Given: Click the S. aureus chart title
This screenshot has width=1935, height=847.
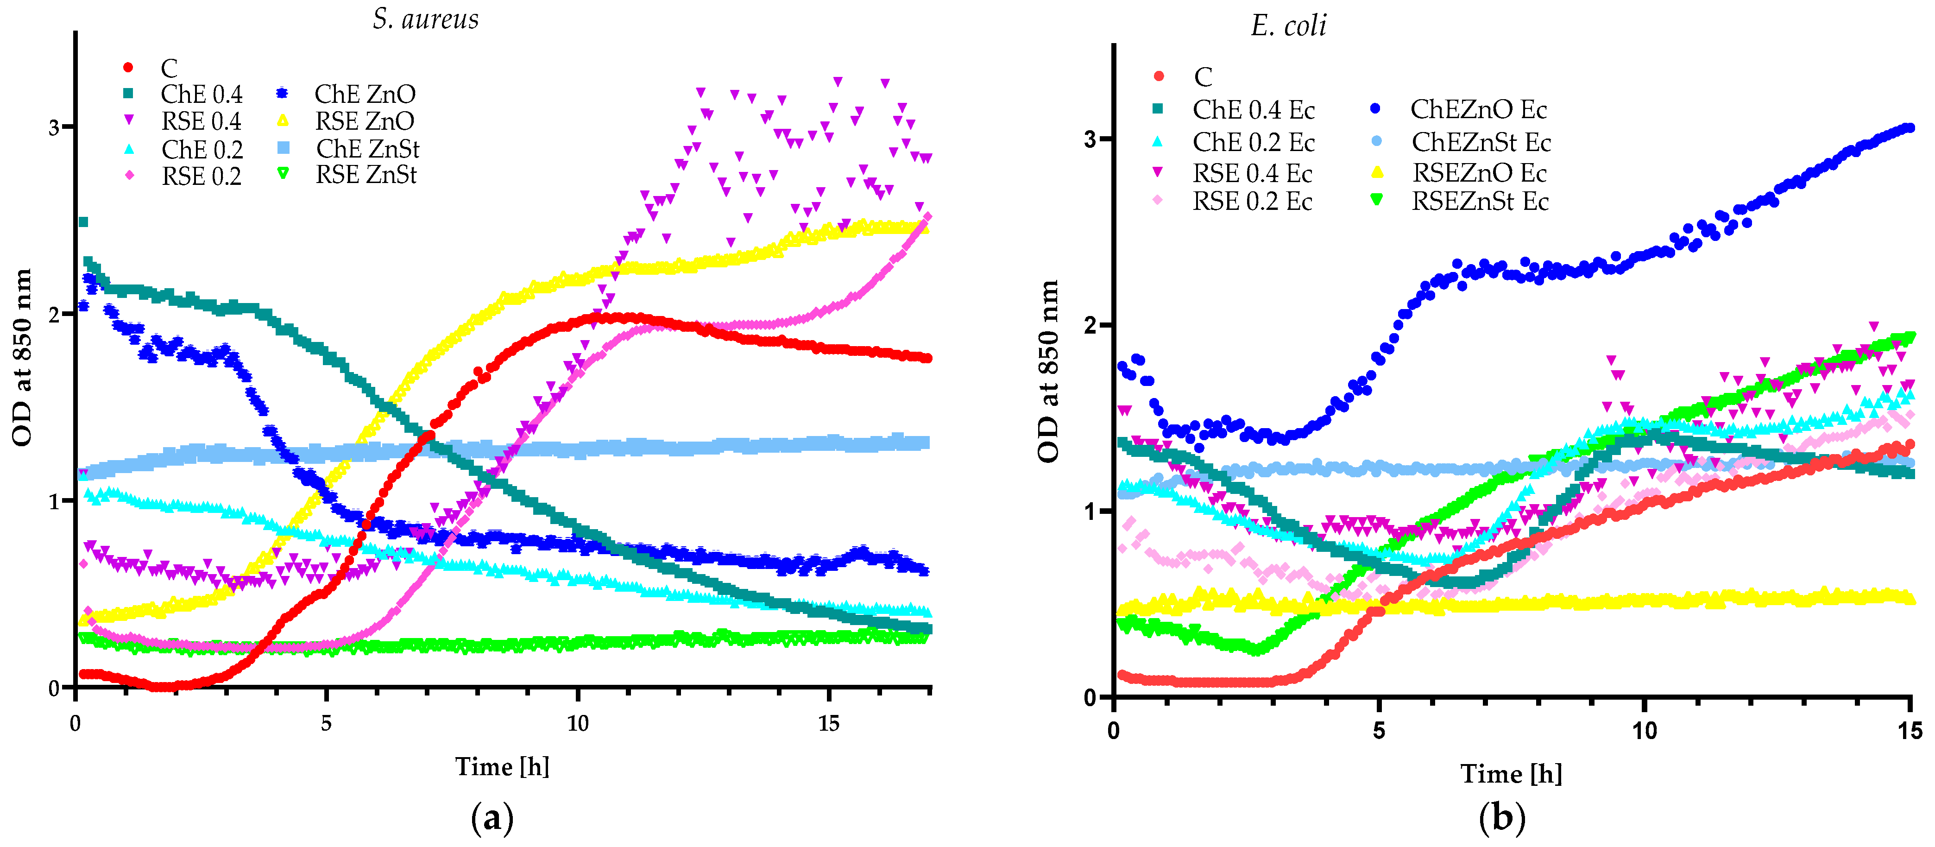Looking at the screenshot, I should tap(425, 19).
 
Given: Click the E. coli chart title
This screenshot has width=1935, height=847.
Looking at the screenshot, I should tap(1288, 26).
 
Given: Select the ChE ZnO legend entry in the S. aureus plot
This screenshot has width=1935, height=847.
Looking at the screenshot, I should tap(364, 95).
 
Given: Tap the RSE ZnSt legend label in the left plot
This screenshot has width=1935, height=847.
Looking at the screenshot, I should tap(366, 175).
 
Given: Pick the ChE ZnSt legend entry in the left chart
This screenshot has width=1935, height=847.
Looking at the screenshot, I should tap(367, 149).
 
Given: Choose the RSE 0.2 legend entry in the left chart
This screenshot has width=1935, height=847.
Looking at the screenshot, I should tap(202, 177).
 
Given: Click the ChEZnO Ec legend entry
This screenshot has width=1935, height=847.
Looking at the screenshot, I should tap(1478, 110).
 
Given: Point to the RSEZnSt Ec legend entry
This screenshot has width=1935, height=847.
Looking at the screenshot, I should tap(1480, 202).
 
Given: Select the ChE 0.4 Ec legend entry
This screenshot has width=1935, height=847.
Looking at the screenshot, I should tap(1253, 110).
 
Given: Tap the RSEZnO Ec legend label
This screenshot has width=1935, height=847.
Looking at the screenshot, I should tap(1479, 173).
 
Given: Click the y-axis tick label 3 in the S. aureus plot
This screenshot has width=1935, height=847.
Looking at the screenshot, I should tap(54, 127).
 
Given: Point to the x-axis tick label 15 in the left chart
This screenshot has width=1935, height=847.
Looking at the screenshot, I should tap(829, 724).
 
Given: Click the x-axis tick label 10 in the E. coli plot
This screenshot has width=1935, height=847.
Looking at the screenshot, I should tap(1644, 731).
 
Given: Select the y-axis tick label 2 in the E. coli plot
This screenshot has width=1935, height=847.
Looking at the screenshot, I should tap(1090, 325).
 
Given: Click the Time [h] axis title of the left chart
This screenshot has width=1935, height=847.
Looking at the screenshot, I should tap(502, 766).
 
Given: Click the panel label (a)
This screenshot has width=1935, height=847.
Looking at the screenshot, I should tap(492, 818).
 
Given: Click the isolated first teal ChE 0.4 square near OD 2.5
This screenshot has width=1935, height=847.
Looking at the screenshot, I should tap(83, 221).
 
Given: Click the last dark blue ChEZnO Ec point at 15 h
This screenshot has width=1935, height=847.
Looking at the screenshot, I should tap(1910, 128).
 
